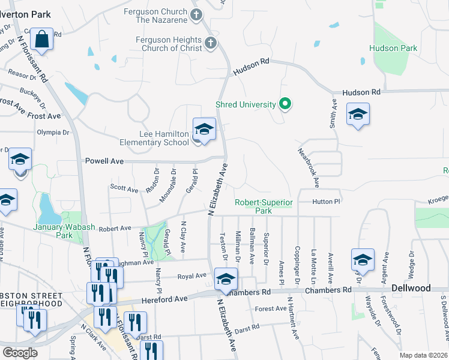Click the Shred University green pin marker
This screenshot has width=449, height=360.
286,104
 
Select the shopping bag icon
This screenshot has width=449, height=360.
42,40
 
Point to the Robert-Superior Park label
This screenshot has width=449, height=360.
264,206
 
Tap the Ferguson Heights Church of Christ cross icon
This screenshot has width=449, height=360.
210,43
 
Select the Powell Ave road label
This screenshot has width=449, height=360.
104,161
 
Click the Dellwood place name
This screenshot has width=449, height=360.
411,288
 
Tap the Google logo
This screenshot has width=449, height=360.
20,352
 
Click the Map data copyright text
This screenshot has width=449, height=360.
423,355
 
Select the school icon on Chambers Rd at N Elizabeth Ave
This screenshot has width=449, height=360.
226,279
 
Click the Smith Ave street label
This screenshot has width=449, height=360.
333,111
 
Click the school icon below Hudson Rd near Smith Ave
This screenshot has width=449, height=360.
358,115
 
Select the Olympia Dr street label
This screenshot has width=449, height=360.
53,132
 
